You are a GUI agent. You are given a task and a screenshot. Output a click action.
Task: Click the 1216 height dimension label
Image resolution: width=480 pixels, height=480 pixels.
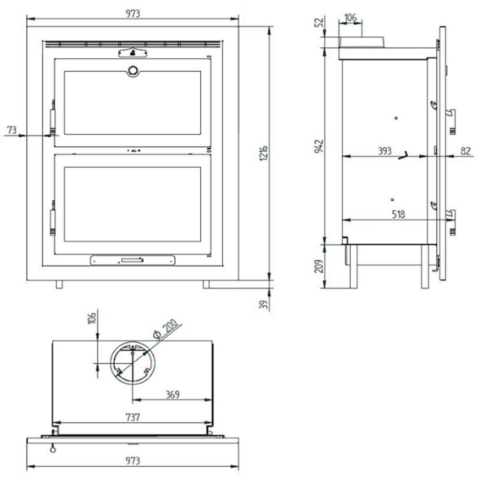[263, 153]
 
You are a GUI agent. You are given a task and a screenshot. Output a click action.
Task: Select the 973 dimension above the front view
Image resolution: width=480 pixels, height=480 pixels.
[133, 13]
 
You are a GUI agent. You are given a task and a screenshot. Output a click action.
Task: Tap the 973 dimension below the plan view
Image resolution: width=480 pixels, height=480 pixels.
[133, 461]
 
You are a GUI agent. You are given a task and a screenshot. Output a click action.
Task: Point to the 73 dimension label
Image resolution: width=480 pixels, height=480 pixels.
[12, 130]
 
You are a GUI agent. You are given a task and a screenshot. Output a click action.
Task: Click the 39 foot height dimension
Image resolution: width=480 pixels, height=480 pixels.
[263, 304]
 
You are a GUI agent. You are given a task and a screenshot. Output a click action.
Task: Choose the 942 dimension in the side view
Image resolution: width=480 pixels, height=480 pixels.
[319, 146]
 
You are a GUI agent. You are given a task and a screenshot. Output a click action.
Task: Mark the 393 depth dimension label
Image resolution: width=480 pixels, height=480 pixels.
[384, 151]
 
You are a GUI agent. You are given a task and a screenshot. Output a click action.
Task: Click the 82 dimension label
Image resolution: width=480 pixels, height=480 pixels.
[466, 151]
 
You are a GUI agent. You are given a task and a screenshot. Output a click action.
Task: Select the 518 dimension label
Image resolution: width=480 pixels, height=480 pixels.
[398, 214]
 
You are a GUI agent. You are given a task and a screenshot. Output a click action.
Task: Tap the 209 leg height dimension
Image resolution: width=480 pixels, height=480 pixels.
[319, 266]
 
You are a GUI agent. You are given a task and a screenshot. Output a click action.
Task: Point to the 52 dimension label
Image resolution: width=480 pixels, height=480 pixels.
[319, 22]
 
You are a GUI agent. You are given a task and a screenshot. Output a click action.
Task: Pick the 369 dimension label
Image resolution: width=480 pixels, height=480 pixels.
[172, 394]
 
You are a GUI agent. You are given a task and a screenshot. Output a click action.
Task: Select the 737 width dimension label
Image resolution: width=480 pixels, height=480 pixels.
[133, 417]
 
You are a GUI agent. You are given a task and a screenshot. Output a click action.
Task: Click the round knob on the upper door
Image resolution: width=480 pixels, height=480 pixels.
[132, 71]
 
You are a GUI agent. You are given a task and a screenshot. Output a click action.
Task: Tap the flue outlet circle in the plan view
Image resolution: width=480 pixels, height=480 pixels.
[132, 363]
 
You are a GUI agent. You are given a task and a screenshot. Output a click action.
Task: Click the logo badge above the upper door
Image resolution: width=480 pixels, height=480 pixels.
[132, 53]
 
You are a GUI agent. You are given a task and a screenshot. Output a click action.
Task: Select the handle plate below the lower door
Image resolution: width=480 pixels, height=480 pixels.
[132, 260]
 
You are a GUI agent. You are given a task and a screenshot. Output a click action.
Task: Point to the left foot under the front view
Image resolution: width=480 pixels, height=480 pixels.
[59, 284]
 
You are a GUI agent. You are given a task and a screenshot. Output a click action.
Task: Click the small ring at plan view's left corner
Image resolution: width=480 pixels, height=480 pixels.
[52, 449]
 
